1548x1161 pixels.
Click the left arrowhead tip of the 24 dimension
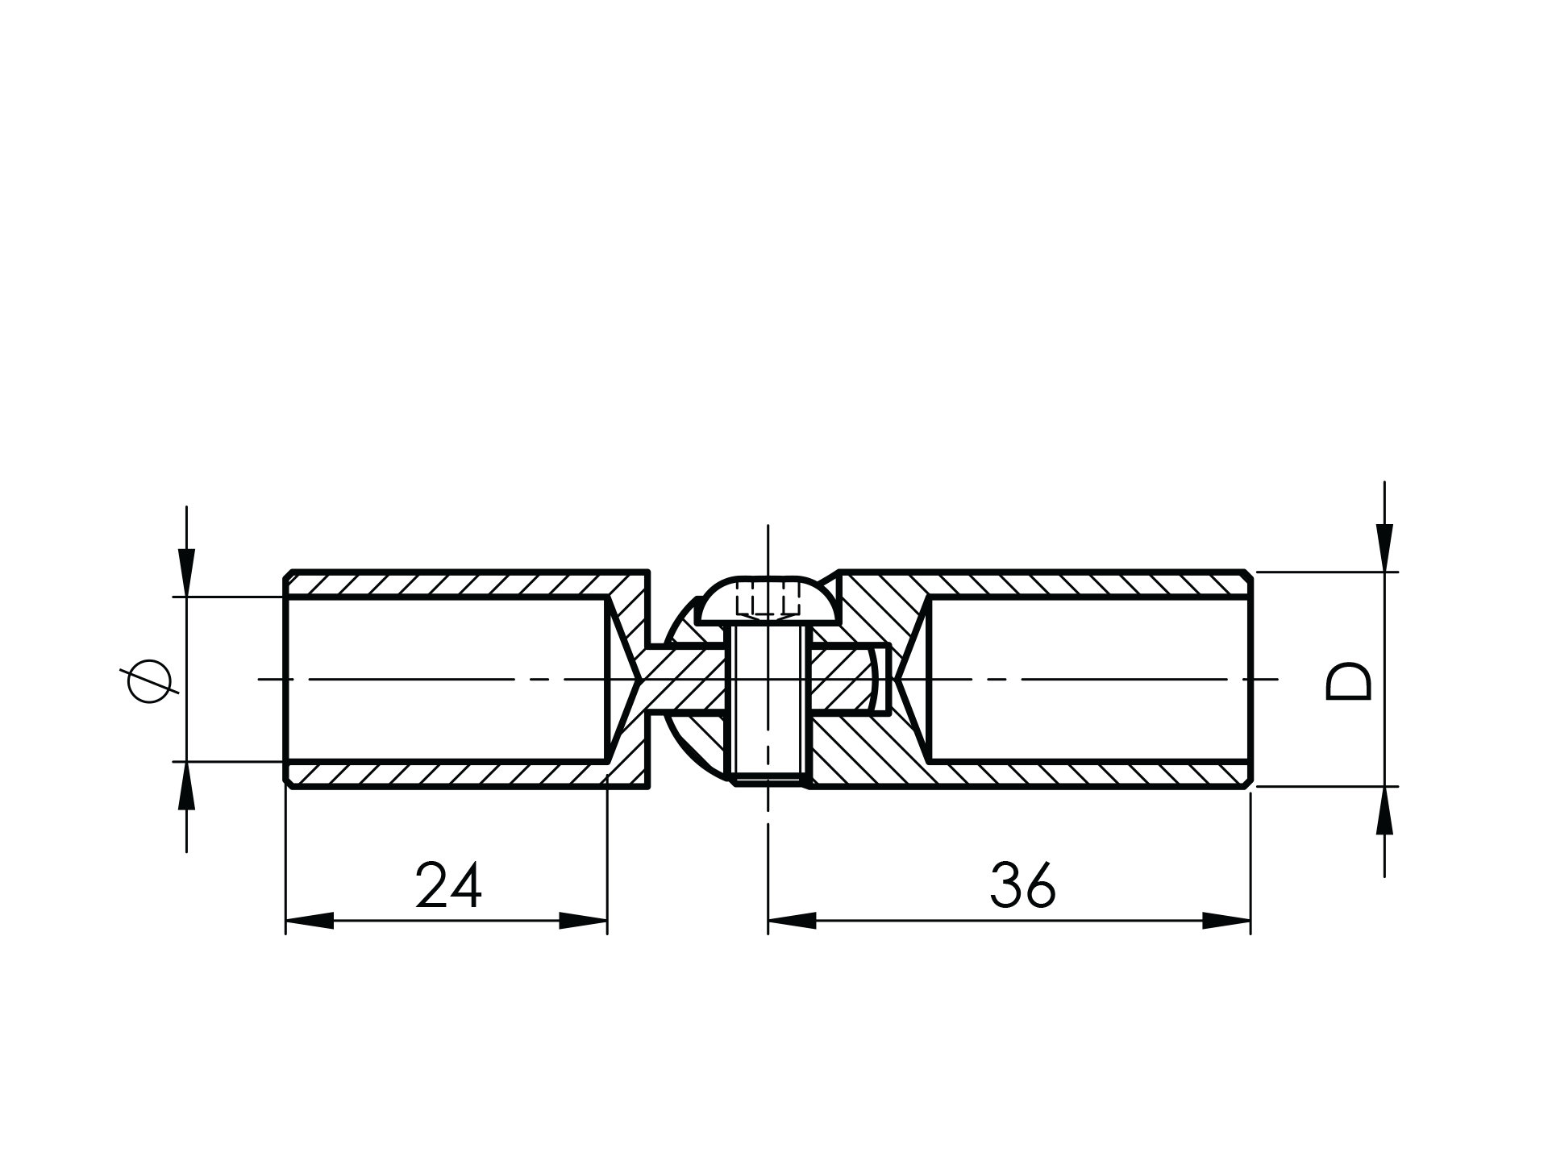pos(286,921)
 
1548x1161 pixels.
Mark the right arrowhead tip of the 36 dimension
pos(1250,921)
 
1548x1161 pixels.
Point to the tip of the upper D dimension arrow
pos(1384,572)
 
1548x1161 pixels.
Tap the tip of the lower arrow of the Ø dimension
pos(186,761)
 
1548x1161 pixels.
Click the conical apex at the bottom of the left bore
pos(641,680)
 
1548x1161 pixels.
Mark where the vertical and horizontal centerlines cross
pos(768,680)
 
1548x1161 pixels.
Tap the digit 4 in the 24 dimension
pos(466,885)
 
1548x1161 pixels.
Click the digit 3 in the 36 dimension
pos(1005,885)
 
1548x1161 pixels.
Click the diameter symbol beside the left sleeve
pos(149,681)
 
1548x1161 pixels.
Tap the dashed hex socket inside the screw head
pos(768,598)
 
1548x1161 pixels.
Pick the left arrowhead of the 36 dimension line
pos(793,921)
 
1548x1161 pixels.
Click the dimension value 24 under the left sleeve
pos(449,885)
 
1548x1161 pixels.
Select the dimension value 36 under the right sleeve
pos(1023,885)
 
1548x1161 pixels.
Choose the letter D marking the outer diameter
pos(1348,681)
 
